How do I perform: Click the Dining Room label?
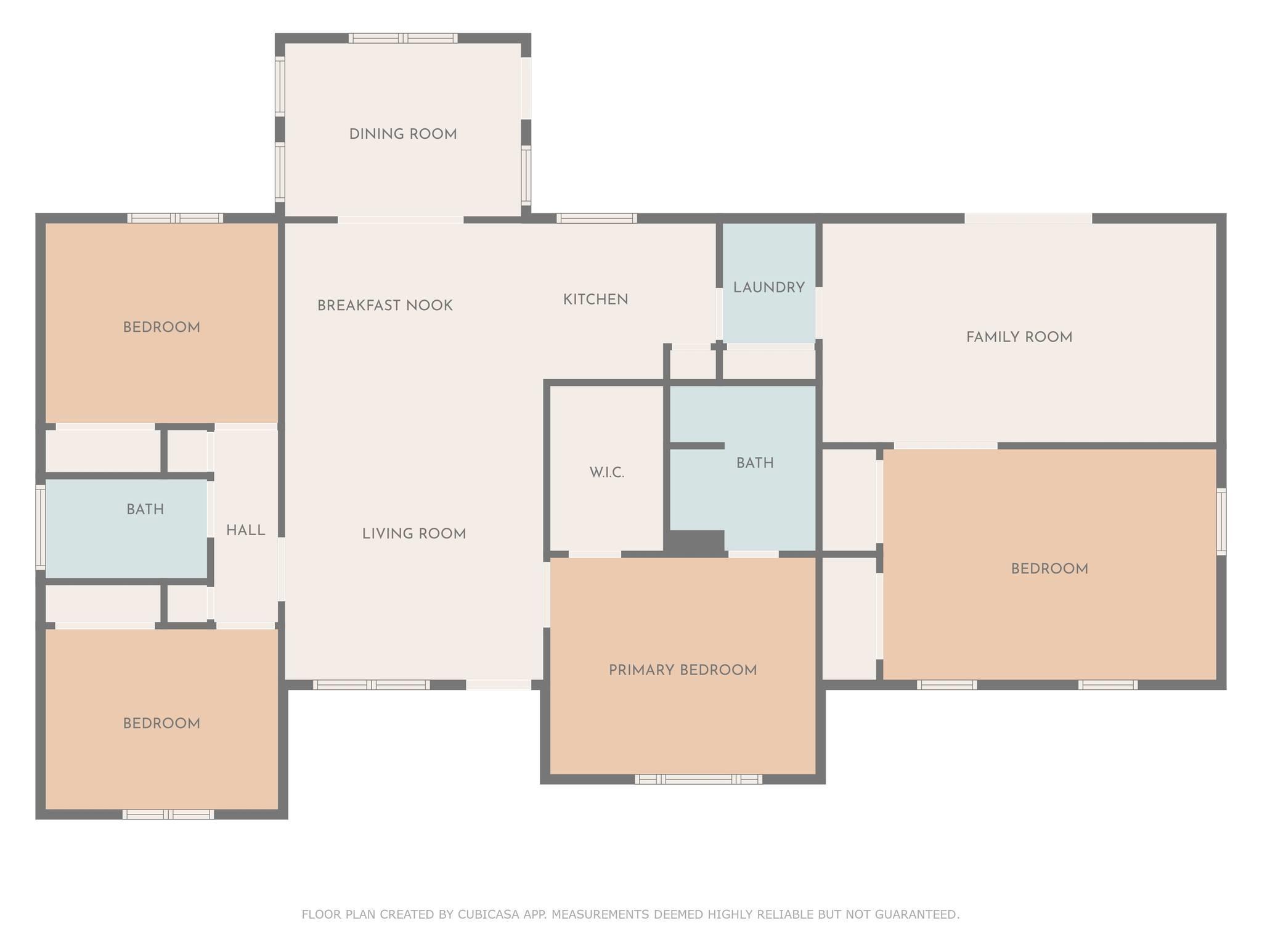coord(403,134)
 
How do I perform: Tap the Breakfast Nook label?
coord(385,306)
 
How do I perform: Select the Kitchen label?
coord(596,300)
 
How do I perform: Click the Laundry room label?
coord(769,287)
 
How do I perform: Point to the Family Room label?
coord(1019,337)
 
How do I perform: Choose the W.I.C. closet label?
coord(607,473)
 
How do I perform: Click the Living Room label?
coord(414,534)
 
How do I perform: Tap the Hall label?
coord(246,530)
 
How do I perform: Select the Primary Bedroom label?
coord(683,670)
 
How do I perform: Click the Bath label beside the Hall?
coord(145,509)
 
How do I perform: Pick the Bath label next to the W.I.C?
coord(755,463)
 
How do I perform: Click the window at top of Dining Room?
coord(403,38)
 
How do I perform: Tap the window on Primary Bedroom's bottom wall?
coord(698,779)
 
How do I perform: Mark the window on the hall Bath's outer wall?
coord(41,527)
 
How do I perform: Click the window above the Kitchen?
coord(596,218)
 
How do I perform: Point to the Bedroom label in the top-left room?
coord(161,327)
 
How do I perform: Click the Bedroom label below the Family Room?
coord(1049,569)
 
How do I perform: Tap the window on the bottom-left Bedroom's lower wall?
coord(168,814)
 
